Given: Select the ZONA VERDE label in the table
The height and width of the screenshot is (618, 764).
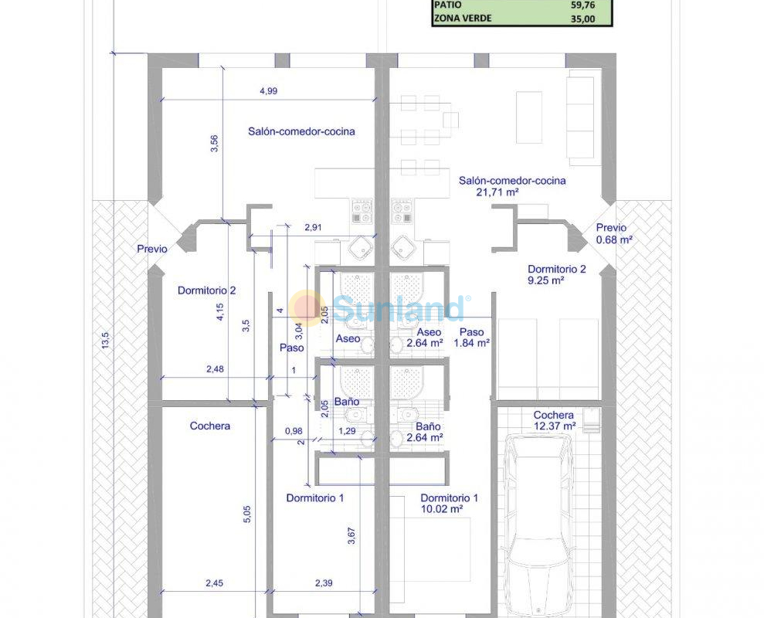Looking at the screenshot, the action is [x=463, y=19].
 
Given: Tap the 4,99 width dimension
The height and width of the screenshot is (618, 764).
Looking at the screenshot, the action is [x=269, y=90].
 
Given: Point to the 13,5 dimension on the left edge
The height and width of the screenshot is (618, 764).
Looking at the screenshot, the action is [x=105, y=340].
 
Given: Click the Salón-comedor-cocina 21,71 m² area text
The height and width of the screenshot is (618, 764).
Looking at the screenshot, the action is [x=512, y=186].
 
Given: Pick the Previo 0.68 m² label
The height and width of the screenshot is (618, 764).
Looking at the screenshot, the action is [x=614, y=233].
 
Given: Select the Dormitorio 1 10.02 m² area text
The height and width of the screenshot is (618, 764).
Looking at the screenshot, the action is [x=449, y=504].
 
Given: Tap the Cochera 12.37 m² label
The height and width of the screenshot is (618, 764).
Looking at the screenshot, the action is [x=554, y=420].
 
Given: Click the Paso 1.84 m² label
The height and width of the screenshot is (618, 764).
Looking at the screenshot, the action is [x=472, y=338].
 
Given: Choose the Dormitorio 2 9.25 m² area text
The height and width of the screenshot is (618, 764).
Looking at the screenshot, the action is [x=556, y=274].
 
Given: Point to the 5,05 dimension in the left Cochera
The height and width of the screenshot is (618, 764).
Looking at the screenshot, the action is [x=246, y=514].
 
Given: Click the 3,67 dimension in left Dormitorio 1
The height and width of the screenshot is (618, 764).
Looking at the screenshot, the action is [x=351, y=535].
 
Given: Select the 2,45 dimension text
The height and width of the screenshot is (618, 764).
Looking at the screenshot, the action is [x=215, y=583].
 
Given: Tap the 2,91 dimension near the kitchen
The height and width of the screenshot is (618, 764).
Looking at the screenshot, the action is [x=313, y=227].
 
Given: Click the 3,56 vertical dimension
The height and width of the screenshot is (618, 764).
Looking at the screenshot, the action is [x=215, y=143].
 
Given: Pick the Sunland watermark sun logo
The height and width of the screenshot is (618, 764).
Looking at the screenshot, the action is [x=307, y=307].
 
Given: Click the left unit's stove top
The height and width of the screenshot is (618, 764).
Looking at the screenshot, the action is [x=362, y=211].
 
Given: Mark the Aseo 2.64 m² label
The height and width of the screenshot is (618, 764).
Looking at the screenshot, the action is [x=425, y=338].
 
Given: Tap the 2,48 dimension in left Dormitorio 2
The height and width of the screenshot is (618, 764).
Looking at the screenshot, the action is [x=215, y=369].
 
